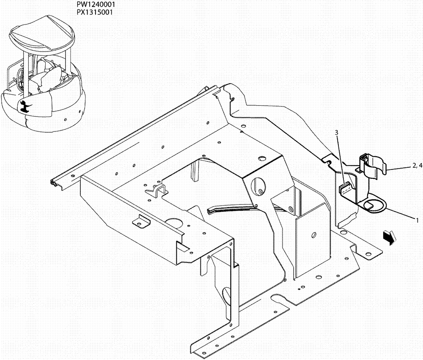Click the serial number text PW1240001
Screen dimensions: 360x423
pyautogui.click(x=96, y=4)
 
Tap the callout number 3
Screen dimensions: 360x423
pyautogui.click(x=337, y=133)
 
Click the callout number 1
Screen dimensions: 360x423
pyautogui.click(x=417, y=220)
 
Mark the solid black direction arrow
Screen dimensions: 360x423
pyautogui.click(x=390, y=237)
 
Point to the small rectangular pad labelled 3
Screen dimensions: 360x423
pyautogui.click(x=346, y=187)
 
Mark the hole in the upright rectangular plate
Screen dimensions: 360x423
pyautogui.click(x=313, y=235)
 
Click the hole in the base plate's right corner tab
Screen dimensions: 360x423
pyautogui.click(x=368, y=254)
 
